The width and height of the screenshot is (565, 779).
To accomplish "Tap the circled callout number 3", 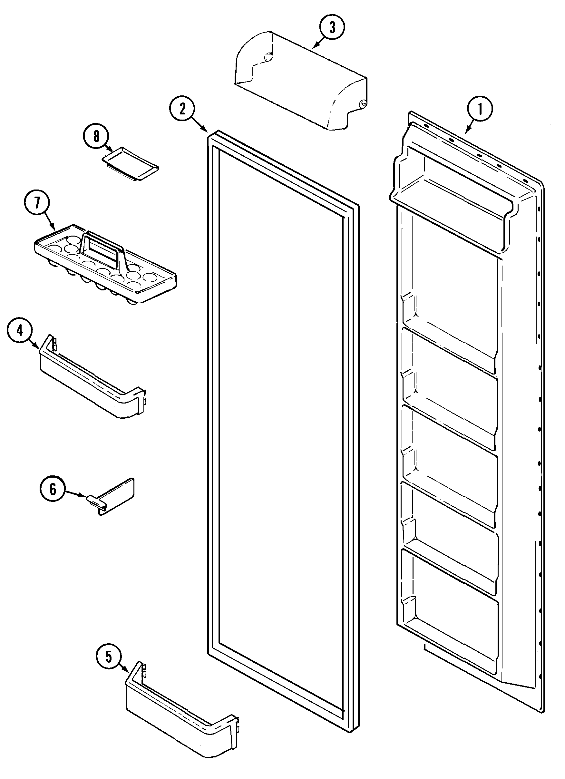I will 332,27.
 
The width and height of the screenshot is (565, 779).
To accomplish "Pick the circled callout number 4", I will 20,330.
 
